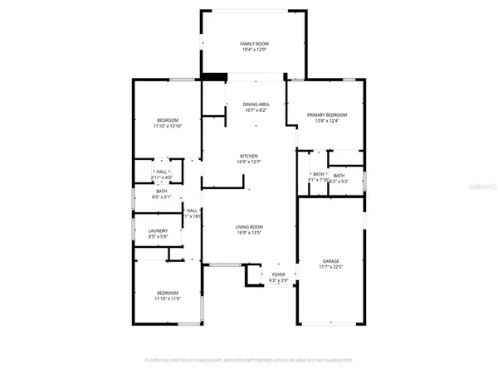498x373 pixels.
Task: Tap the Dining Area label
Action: (256, 104)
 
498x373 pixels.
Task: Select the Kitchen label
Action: (249, 156)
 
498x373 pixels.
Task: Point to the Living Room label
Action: (249, 227)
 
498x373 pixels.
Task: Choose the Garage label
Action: (330, 261)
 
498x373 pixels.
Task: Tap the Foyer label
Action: (278, 274)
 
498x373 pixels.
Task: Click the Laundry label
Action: (159, 231)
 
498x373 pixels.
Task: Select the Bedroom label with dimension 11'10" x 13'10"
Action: (166, 120)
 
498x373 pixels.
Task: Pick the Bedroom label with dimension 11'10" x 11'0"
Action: (167, 292)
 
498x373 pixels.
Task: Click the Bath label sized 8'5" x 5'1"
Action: (161, 191)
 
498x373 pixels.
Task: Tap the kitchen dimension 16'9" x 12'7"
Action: (249, 162)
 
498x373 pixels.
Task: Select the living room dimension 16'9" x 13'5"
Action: (249, 234)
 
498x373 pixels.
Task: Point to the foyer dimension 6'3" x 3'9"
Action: (278, 281)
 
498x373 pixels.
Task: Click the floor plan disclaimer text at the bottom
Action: (249, 361)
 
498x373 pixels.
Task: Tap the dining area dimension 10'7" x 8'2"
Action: (256, 111)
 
